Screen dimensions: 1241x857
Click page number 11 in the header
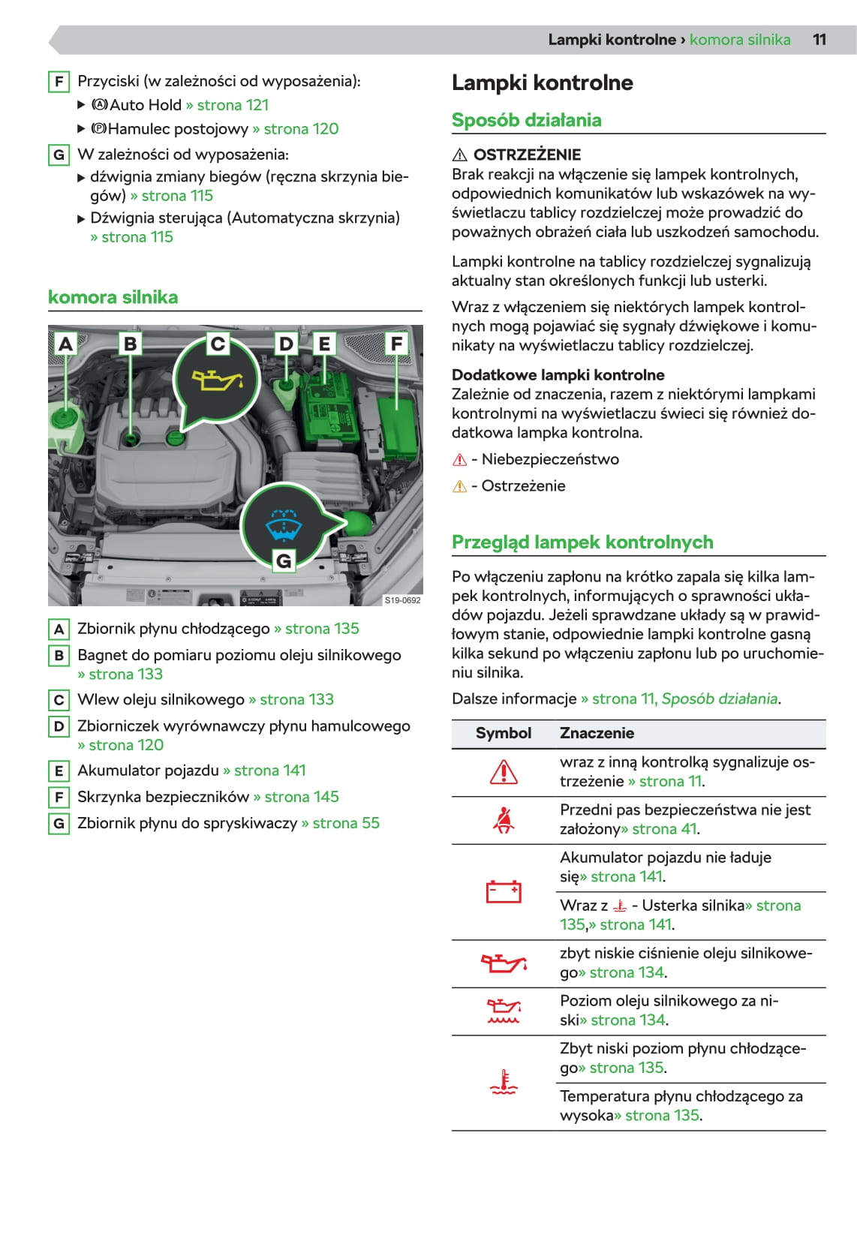click(x=819, y=40)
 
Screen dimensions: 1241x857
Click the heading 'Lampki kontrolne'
click(x=542, y=83)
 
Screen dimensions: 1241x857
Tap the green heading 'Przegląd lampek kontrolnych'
click(x=582, y=542)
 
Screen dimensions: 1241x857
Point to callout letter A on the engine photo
click(x=66, y=344)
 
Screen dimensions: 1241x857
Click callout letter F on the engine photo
click(x=396, y=344)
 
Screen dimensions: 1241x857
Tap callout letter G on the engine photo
click(x=284, y=560)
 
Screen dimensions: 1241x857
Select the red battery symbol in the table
click(x=503, y=891)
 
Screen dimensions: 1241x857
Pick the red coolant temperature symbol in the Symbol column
click(x=503, y=1082)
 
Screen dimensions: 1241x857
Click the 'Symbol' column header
click(x=503, y=733)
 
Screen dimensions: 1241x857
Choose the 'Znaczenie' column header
click(x=597, y=733)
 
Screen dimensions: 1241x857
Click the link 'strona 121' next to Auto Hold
click(x=233, y=105)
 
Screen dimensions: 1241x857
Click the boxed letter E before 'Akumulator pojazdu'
click(x=59, y=771)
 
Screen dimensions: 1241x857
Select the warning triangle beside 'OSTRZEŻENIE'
click(x=460, y=155)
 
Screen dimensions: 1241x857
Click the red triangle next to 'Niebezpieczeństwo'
click(x=460, y=460)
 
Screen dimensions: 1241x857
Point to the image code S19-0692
click(x=402, y=600)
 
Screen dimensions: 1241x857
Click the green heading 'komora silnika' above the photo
click(x=113, y=297)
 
